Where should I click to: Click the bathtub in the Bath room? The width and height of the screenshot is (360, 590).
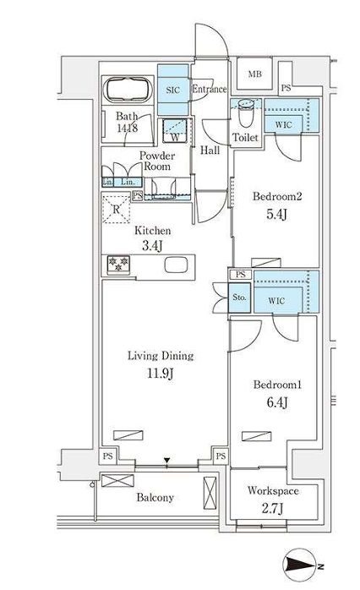(128, 90)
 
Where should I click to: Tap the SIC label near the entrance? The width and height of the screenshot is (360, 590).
(172, 90)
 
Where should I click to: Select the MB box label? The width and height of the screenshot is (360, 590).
(254, 74)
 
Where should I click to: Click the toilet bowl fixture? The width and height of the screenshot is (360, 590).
(247, 113)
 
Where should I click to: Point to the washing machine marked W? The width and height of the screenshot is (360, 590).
(175, 130)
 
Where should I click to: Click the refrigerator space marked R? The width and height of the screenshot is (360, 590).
(117, 209)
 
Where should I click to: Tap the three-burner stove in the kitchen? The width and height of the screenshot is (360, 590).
(118, 264)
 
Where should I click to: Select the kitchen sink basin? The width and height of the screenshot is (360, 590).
(176, 265)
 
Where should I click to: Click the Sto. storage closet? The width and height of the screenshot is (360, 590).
(240, 298)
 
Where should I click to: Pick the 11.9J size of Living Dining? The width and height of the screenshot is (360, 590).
(161, 374)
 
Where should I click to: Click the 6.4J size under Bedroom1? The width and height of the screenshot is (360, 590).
(277, 402)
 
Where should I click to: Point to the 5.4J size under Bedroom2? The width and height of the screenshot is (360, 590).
(277, 214)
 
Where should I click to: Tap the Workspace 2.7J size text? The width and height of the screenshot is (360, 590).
(272, 509)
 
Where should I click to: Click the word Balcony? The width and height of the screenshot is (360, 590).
(155, 498)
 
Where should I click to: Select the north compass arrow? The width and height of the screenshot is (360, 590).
(301, 565)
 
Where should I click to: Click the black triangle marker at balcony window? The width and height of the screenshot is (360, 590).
(167, 460)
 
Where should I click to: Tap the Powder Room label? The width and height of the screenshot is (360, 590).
(157, 161)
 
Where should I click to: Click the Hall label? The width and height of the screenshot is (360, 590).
(210, 150)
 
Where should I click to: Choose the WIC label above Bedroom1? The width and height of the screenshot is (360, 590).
(276, 301)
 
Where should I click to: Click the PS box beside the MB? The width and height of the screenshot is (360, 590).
(286, 88)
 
